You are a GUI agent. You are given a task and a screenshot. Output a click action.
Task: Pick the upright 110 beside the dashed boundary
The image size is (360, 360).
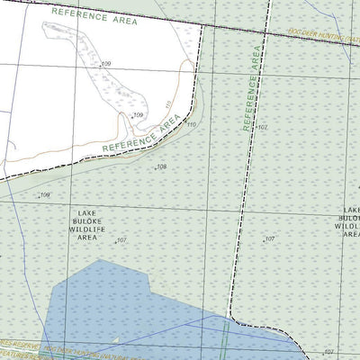coord(191,125)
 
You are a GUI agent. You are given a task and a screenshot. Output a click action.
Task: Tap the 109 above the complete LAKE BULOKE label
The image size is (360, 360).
coord(44,194)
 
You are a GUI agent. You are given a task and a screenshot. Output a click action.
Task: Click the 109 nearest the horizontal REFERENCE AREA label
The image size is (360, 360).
coord(105,65)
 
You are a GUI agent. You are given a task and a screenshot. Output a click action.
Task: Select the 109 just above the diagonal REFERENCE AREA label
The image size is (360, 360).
coord(138,115)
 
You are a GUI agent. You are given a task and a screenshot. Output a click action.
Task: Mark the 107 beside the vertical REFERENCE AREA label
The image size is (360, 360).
coord(262,129)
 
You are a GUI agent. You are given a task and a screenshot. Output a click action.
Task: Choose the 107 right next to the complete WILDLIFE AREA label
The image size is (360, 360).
coord(121,240)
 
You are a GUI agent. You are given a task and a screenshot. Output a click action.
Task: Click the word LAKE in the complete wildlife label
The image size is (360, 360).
coord(87,211)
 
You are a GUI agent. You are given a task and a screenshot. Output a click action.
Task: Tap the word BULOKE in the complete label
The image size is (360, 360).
coord(87,220)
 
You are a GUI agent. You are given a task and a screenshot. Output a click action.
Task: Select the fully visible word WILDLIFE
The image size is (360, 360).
coord(87,230)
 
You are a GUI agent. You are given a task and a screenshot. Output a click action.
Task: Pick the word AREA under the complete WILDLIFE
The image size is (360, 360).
coord(87,239)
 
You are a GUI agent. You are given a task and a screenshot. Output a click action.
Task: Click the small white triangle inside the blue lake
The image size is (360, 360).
coord(115,339)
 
